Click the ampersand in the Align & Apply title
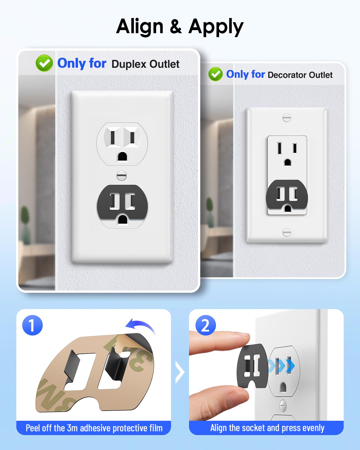(176, 26)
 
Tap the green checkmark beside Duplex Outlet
(44, 63)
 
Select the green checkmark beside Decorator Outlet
(215, 74)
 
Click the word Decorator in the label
(287, 75)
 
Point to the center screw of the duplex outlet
(121, 175)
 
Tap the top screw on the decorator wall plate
(287, 118)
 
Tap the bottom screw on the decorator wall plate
(287, 232)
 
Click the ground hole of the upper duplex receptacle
(122, 156)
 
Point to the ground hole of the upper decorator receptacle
(287, 162)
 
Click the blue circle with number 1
(32, 325)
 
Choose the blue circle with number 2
(206, 325)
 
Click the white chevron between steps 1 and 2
(180, 372)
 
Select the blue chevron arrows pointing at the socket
(281, 366)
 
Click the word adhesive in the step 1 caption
(94, 428)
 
